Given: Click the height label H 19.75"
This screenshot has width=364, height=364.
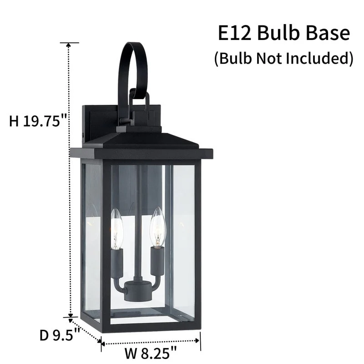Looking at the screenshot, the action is pyautogui.click(x=38, y=121).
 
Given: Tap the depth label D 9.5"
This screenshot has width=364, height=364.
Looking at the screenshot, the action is pyautogui.click(x=60, y=335).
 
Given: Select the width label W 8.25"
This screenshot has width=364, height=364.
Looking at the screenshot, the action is pyautogui.click(x=151, y=353).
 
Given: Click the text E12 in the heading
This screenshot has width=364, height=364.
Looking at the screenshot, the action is pyautogui.click(x=235, y=33).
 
